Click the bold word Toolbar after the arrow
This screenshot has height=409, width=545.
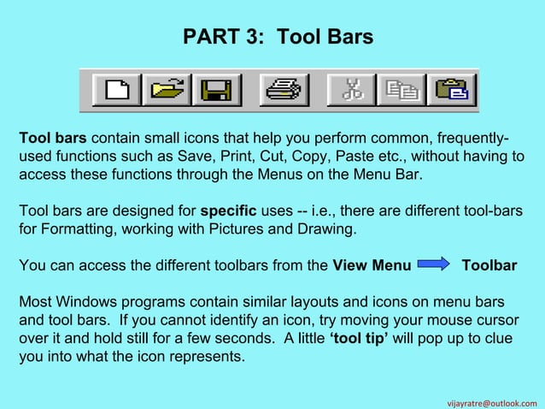click(489, 266)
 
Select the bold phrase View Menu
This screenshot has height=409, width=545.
click(372, 266)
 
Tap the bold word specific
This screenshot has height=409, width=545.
click(228, 210)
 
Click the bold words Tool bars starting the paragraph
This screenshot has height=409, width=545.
click(53, 139)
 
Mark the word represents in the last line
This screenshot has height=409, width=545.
click(210, 359)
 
